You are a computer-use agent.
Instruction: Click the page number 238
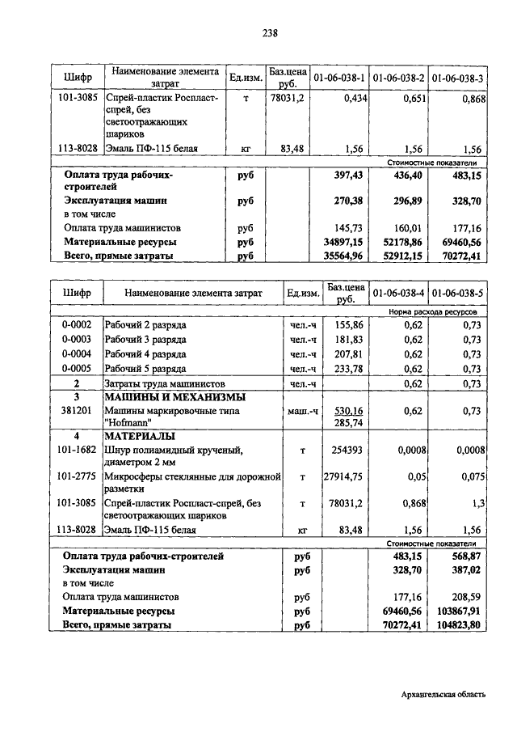(270, 33)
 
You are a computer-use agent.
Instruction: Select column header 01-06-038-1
(339, 78)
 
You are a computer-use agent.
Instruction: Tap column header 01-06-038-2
(398, 78)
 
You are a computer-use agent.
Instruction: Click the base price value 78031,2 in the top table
(285, 98)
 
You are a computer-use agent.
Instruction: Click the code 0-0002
(77, 324)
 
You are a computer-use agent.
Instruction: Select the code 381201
(77, 411)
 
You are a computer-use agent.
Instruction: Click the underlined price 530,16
(347, 411)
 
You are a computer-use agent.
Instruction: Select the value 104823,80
(459, 625)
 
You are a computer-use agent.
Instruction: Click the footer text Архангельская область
(443, 695)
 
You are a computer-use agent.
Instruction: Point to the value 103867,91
(459, 611)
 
